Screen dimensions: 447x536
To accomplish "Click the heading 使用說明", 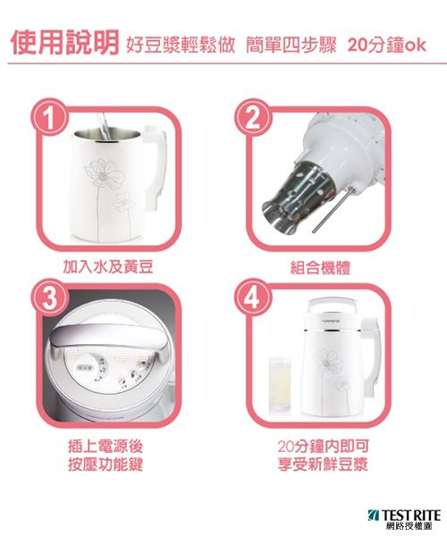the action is pos(64,42).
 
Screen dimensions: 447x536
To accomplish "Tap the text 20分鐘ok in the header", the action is pos(387,46).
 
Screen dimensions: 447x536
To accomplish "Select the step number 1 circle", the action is pos(50,118).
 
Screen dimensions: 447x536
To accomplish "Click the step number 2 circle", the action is pos(253,118).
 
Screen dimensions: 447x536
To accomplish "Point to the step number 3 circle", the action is pos(50,298).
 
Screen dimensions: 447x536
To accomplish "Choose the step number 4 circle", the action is pos(253,298).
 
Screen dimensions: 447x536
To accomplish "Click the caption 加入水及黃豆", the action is pos(108,267).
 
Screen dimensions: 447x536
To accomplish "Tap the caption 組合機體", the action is pos(320,267).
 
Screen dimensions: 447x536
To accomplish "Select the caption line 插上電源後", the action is pos(105,446).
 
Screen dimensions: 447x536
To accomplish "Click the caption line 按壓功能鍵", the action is pos(105,465).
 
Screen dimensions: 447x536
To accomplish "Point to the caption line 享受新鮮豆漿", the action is pos(323,465).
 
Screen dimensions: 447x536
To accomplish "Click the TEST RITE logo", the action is pos(404,519).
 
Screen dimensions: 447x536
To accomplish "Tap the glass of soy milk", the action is pos(280,383).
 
